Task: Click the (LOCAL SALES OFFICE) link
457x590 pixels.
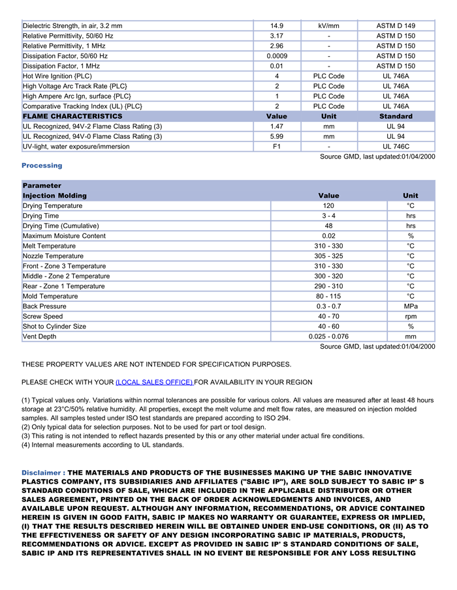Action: coord(154,382)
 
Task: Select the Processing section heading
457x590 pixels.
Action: coord(42,166)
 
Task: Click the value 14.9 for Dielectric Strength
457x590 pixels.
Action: coord(277,26)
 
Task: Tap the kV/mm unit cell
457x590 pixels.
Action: coord(328,26)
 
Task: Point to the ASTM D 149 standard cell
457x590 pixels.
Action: coord(396,26)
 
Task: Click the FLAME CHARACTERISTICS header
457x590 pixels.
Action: coord(72,116)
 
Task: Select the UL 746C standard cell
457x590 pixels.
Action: coord(396,147)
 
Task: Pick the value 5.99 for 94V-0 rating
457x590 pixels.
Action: coord(277,136)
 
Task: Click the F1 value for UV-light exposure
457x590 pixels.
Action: coord(277,147)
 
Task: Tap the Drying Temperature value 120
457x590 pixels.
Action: coord(328,206)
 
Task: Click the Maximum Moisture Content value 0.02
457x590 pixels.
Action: coord(328,236)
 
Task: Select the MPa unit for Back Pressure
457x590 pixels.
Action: coord(411,306)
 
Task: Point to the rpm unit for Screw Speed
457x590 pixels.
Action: coord(411,316)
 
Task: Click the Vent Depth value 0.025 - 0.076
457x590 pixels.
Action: coord(328,336)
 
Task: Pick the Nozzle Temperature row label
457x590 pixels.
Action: coord(53,256)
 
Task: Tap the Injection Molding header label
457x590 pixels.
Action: coord(54,196)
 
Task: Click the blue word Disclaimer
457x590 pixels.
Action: coord(42,473)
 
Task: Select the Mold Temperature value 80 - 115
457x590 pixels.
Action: coord(328,296)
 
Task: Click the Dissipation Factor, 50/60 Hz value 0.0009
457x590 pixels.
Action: coord(277,56)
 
